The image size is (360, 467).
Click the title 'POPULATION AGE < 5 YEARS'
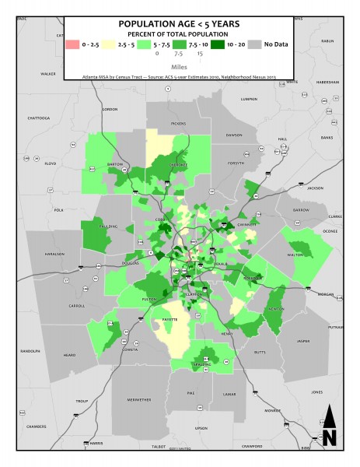click(178, 23)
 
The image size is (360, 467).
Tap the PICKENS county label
click(179, 124)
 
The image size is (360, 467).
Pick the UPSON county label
click(201, 428)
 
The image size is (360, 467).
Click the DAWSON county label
click(234, 135)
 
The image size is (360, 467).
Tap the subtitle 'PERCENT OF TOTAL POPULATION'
click(178, 34)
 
